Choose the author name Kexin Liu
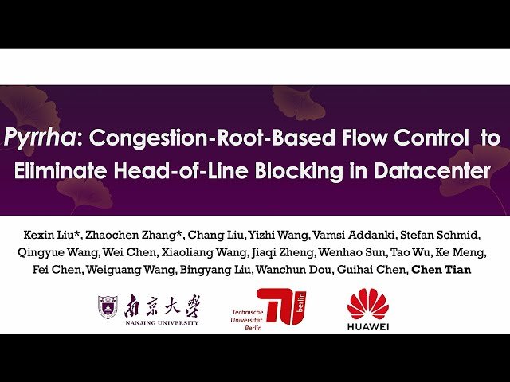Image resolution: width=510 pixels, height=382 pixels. click(x=45, y=237)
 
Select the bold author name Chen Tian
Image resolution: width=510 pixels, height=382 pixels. click(x=440, y=270)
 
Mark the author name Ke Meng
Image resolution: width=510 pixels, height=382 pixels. click(x=459, y=254)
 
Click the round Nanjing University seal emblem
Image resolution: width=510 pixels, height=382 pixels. click(x=108, y=306)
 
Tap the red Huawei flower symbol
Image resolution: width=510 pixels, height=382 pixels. click(x=369, y=304)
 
